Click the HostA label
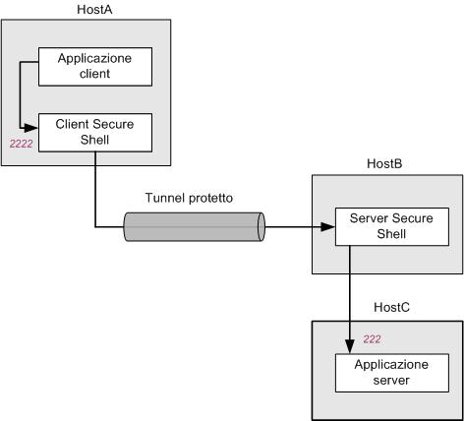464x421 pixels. point(94,9)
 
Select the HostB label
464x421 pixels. point(384,163)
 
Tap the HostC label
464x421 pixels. point(391,307)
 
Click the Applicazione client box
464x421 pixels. point(95,67)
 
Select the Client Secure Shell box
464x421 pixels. point(95,133)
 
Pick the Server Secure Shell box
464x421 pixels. point(392,226)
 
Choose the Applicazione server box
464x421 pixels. point(392,373)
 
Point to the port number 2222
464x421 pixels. point(21,144)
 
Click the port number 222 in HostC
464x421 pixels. point(372,339)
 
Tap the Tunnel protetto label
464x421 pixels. point(189,198)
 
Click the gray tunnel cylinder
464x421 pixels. point(194,227)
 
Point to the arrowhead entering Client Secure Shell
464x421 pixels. point(31,128)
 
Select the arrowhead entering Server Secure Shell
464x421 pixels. point(328,227)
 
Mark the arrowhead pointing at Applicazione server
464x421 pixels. point(350,346)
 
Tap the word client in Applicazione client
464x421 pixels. point(94,74)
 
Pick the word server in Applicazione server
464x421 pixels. point(391,381)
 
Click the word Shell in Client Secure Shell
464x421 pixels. point(94,140)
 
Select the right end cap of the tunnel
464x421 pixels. point(261,227)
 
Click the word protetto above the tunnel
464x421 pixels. point(211,199)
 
